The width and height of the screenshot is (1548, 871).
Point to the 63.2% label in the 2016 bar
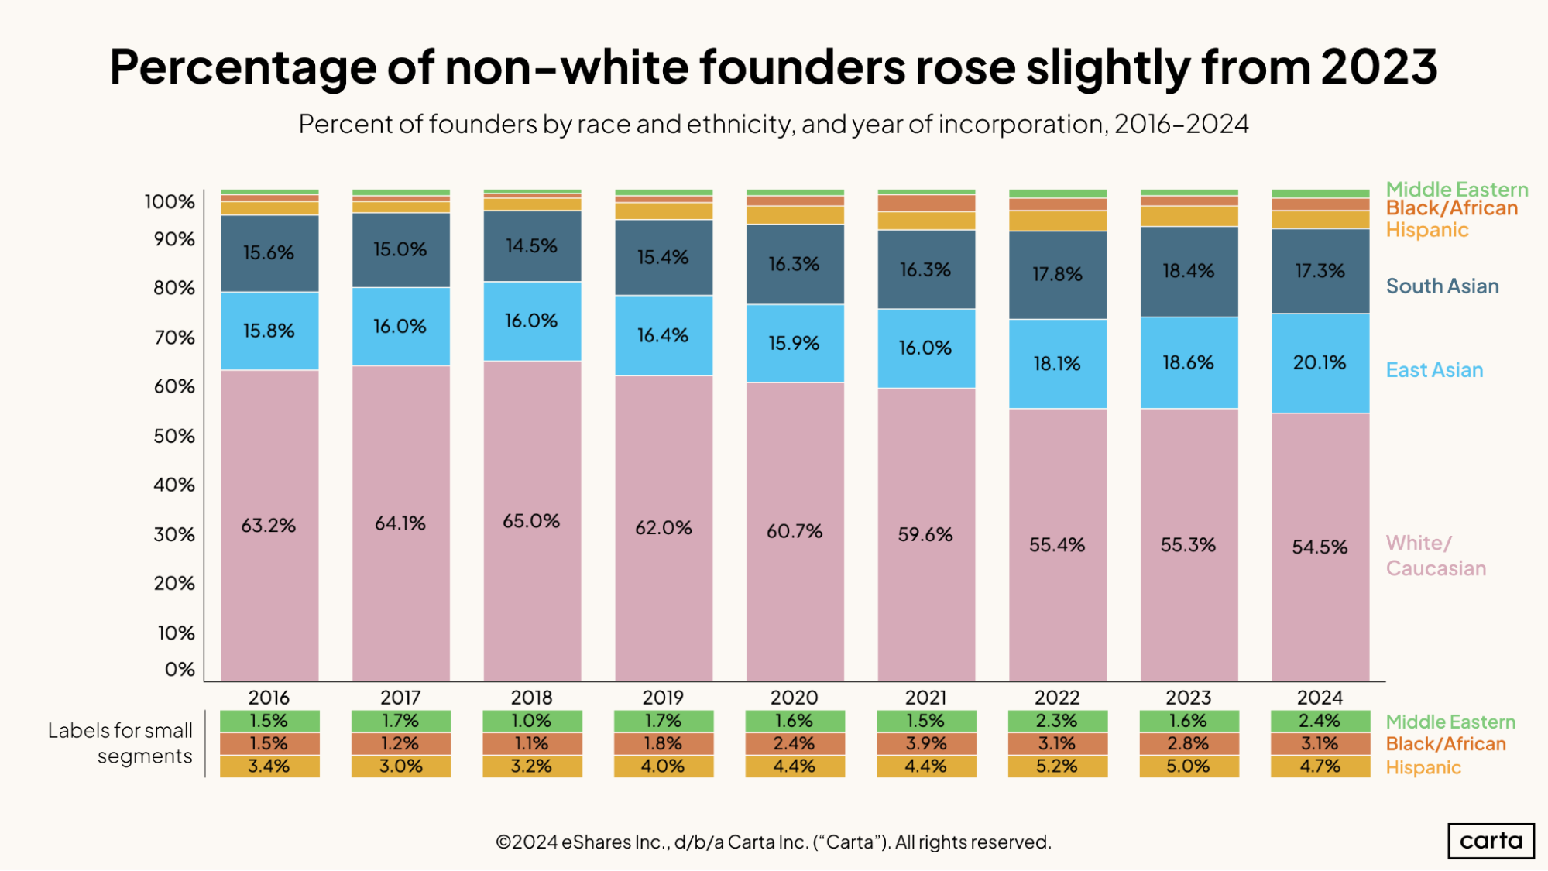tap(269, 526)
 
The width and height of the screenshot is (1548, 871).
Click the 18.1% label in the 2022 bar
tap(1057, 363)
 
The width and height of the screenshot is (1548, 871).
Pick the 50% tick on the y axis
tap(174, 436)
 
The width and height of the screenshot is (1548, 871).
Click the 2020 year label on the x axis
tap(795, 698)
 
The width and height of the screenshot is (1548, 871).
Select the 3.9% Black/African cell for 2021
tap(926, 743)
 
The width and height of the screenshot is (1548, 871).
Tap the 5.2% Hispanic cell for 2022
tap(1057, 766)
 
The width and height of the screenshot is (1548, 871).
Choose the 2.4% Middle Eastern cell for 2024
tap(1320, 721)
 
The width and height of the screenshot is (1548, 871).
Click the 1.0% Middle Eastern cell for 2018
tap(532, 721)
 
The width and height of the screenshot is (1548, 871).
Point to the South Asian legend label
tap(1442, 286)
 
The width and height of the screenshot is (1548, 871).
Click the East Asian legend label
tap(1434, 370)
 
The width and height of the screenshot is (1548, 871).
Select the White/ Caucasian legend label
tap(1436, 555)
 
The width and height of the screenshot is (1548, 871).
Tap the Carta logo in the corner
tap(1491, 841)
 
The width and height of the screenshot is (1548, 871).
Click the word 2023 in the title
tap(1378, 67)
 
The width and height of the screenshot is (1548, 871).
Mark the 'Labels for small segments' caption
tap(120, 743)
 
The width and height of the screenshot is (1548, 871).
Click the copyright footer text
tap(774, 842)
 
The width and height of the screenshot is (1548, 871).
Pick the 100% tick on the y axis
tap(170, 202)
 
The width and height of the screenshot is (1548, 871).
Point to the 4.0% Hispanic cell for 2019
tap(664, 766)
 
